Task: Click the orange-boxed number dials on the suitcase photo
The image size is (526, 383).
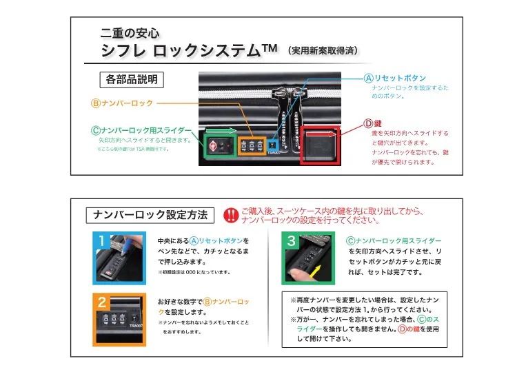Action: pos(252,146)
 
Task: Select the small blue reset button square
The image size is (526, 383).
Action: pos(274,145)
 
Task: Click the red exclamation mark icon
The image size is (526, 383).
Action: pos(231,214)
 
